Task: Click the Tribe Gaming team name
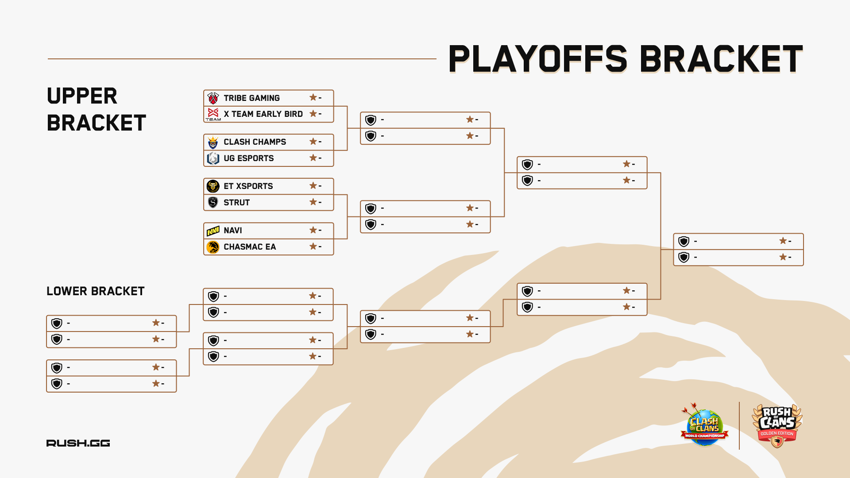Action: click(251, 98)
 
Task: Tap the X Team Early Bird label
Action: click(263, 114)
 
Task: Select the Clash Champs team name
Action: click(255, 142)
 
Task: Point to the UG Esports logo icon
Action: click(213, 158)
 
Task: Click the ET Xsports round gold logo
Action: click(213, 186)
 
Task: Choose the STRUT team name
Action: click(236, 203)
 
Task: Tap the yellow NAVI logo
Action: click(213, 231)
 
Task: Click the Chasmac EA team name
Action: click(250, 247)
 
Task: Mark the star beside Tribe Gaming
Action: click(313, 97)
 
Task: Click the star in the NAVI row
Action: click(313, 230)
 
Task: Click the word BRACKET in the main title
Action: click(721, 59)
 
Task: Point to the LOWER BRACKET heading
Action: click(96, 291)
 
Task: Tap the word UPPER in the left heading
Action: click(82, 96)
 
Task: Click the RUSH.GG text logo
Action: click(78, 443)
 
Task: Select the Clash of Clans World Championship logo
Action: click(704, 425)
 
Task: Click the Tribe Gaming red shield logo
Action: click(213, 98)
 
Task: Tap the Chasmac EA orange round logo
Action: click(213, 247)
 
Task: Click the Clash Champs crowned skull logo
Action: click(213, 142)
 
